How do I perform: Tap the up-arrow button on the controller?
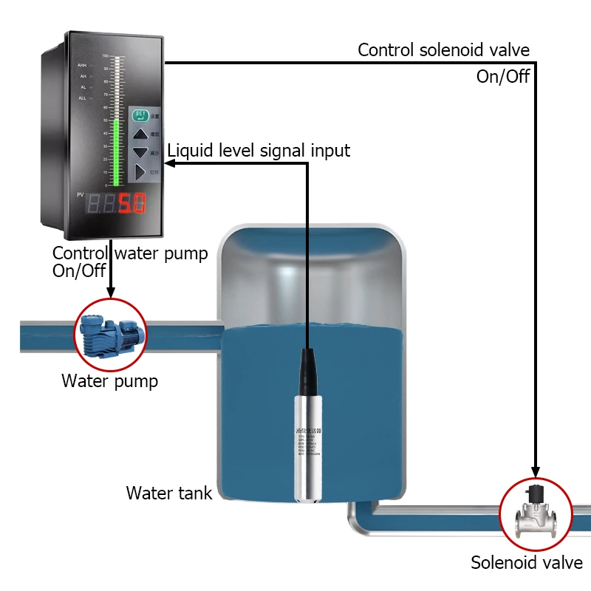[x=140, y=134]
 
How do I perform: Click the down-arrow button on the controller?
[x=140, y=154]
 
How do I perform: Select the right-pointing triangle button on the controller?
[x=140, y=173]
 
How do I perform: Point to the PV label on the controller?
[x=81, y=194]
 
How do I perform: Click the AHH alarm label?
[x=82, y=66]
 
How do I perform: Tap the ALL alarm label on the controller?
[x=82, y=97]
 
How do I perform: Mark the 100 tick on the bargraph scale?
[x=106, y=56]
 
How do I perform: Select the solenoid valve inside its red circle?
[x=536, y=513]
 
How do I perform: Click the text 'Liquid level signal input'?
[x=259, y=151]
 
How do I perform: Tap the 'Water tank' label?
[x=169, y=493]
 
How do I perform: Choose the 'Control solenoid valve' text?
[x=443, y=50]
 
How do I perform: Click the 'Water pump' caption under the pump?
[x=109, y=381]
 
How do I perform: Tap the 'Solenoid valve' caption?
[x=527, y=563]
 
